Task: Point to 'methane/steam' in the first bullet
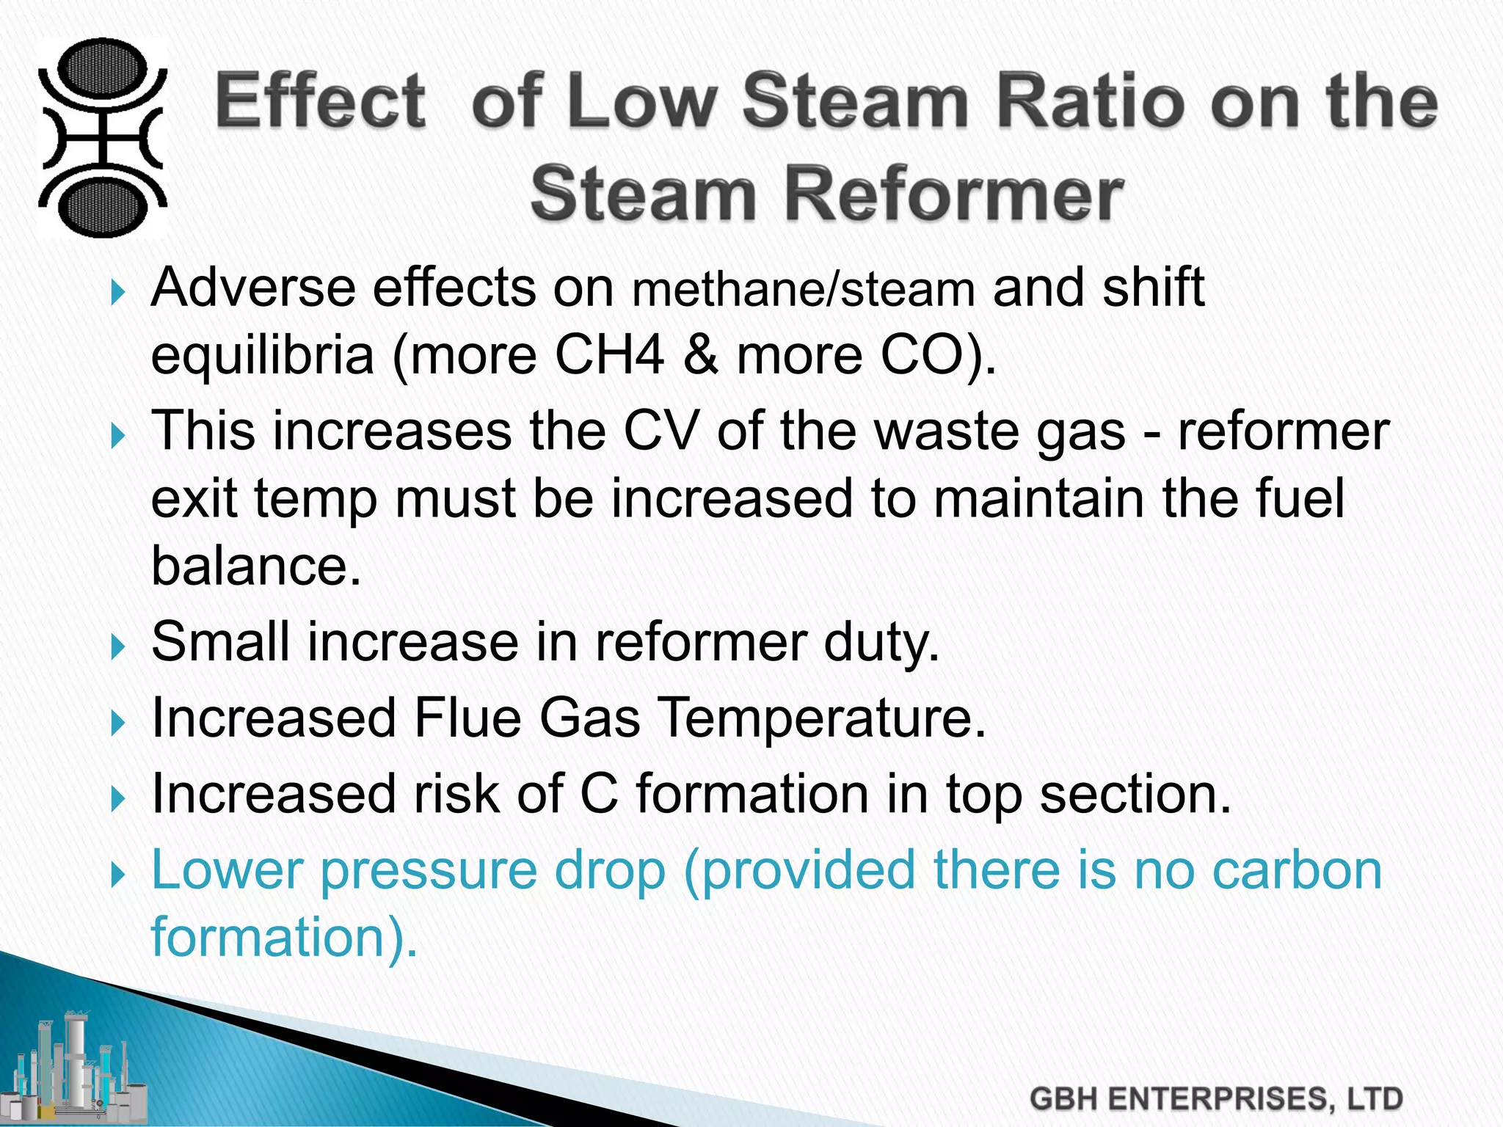(x=803, y=289)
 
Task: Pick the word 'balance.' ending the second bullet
(x=256, y=566)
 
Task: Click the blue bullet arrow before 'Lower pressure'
(x=117, y=875)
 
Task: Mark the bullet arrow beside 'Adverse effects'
(x=117, y=293)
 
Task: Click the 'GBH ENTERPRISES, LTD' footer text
(x=1216, y=1099)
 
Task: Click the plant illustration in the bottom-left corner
(x=73, y=1071)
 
